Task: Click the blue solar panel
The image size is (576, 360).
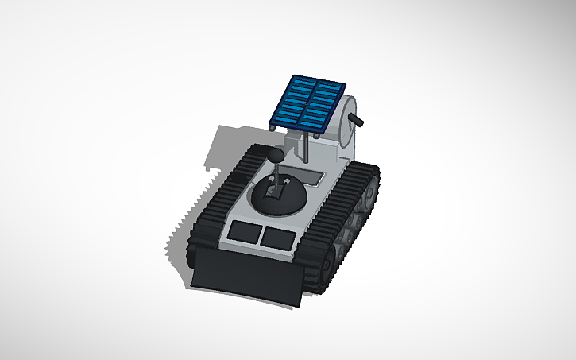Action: pos(308,103)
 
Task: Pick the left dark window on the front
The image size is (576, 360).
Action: pos(244,232)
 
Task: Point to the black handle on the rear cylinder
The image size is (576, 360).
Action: pos(358,122)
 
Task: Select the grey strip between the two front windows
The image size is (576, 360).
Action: pos(261,234)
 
